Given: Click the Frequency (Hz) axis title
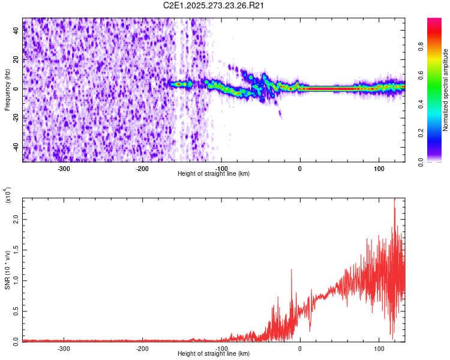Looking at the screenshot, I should pyautogui.click(x=7, y=89).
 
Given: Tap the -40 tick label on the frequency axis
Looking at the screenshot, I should pyautogui.click(x=16, y=148).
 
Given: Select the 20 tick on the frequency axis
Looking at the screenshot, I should pyautogui.click(x=16, y=60).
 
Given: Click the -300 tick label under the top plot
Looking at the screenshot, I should pyautogui.click(x=64, y=168).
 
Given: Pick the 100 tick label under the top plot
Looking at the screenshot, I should pyautogui.click(x=379, y=168).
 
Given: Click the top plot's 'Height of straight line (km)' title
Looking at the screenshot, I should pyautogui.click(x=214, y=174).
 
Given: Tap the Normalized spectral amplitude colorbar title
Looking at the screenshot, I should pyautogui.click(x=445, y=90).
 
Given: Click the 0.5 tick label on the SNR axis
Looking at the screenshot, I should pyautogui.click(x=16, y=311).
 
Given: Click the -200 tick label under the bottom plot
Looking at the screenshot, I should pyautogui.click(x=142, y=348).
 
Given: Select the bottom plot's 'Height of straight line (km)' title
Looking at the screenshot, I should pyautogui.click(x=214, y=354).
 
